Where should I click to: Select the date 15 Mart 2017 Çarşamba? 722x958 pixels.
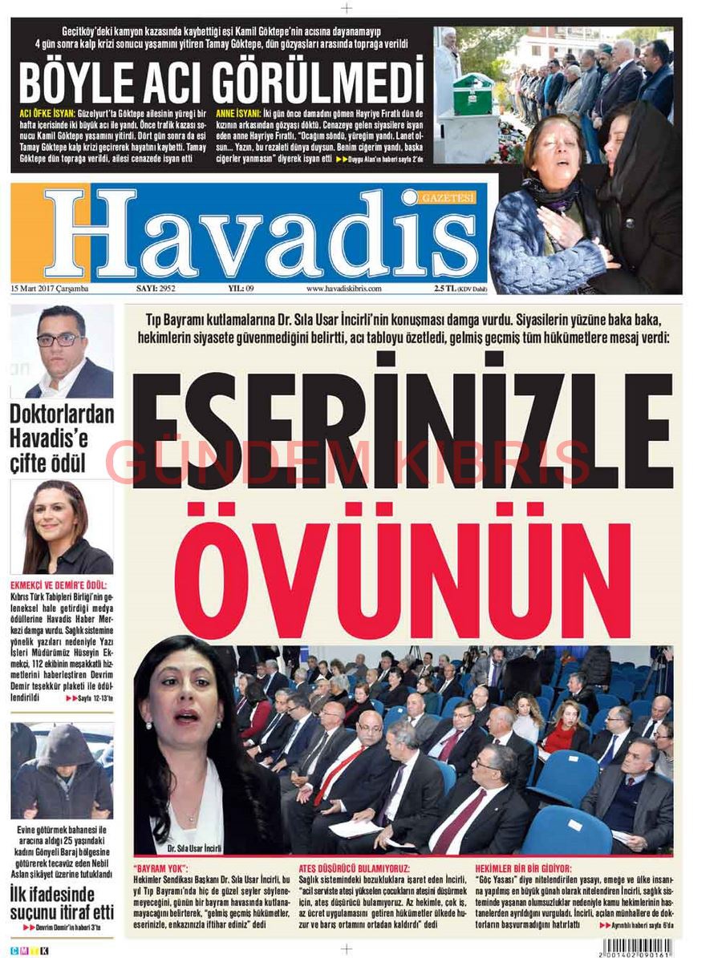click(50, 288)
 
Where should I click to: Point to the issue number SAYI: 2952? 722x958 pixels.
click(156, 288)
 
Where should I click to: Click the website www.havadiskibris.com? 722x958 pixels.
click(343, 288)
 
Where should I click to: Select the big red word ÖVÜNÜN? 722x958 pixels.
click(402, 569)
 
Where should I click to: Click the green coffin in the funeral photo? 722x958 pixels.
click(473, 94)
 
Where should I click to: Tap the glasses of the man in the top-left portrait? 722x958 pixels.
click(57, 339)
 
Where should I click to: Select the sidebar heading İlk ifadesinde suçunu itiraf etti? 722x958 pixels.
click(62, 902)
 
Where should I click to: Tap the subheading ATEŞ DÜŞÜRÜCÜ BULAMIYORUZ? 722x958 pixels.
click(354, 868)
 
